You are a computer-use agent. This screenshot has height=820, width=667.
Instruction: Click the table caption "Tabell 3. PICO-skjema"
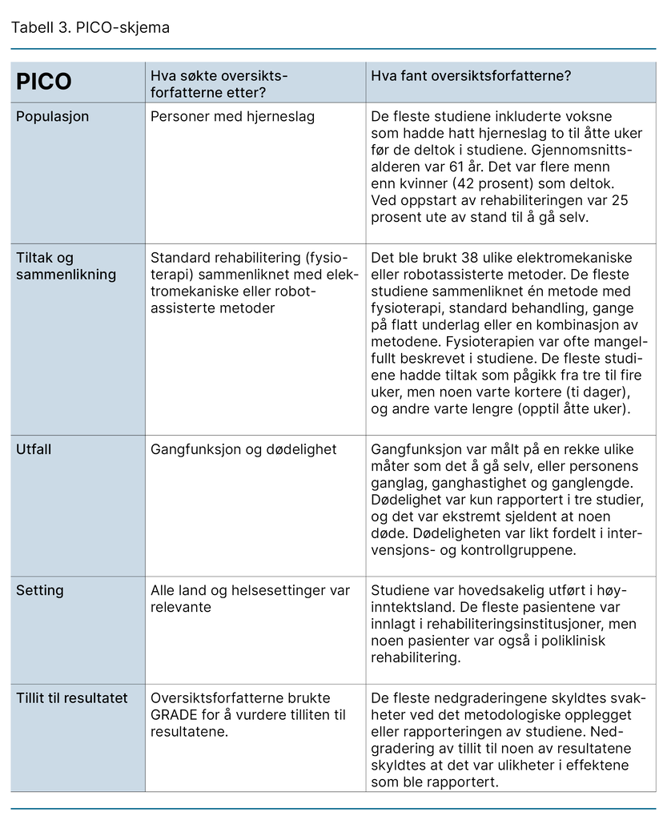(x=90, y=27)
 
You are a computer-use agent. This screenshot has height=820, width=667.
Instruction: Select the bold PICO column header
(x=44, y=82)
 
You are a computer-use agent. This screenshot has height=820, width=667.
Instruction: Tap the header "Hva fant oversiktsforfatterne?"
(x=470, y=76)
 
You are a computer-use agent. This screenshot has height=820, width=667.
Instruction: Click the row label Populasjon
(x=53, y=117)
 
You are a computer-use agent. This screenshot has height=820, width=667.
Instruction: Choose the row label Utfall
(x=34, y=450)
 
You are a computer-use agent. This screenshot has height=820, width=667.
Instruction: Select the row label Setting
(x=40, y=591)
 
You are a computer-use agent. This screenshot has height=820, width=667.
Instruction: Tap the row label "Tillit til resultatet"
(x=72, y=698)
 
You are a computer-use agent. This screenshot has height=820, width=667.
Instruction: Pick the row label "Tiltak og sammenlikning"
(x=66, y=266)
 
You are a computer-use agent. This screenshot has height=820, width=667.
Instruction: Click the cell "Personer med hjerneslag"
(x=232, y=117)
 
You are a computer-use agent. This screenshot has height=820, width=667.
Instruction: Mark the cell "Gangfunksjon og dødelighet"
(x=243, y=450)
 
